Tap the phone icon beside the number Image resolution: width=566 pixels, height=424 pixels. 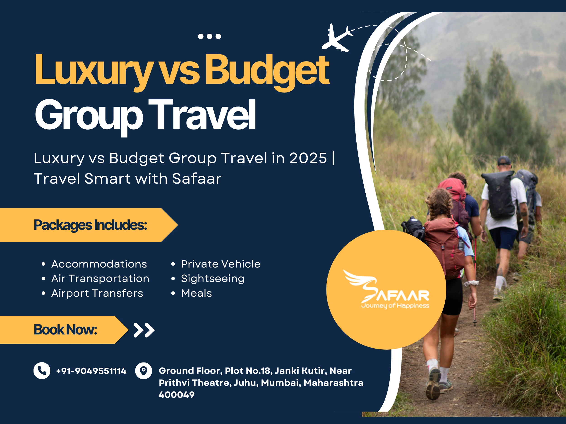42,371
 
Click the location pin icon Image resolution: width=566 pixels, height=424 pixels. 144,371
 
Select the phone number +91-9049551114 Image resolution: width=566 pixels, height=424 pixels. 91,371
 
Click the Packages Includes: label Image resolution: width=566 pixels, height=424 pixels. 90,225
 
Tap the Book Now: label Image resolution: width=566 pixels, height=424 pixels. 65,330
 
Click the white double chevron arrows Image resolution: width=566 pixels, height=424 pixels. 144,330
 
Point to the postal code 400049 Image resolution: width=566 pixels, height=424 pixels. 177,395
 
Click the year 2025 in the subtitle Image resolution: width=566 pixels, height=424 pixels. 308,158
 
